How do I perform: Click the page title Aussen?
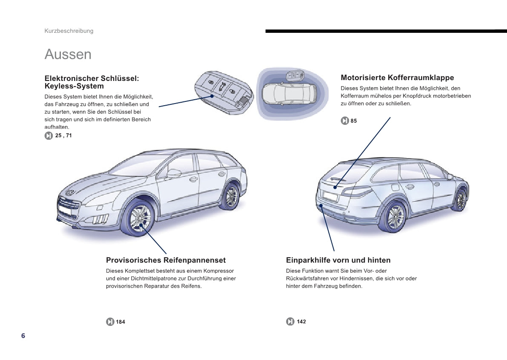point(68,55)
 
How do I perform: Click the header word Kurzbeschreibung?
point(69,31)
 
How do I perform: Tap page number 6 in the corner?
point(23,336)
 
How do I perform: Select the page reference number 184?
point(120,322)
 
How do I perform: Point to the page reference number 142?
point(301,322)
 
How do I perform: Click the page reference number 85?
point(354,121)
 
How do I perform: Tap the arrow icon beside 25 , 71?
point(49,136)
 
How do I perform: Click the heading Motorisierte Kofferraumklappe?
point(397,78)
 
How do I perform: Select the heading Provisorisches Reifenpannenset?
point(166,260)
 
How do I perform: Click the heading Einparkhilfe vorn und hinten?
point(338,260)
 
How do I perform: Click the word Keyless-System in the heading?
point(74,86)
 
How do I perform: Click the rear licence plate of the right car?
point(330,197)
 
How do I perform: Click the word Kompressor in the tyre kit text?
point(219,271)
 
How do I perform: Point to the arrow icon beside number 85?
point(345,121)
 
